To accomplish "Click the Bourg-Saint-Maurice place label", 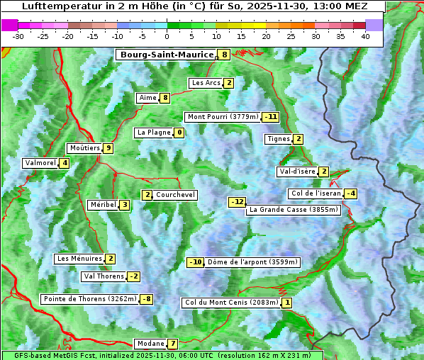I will click(167, 55).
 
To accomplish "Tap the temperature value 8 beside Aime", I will click(165, 98).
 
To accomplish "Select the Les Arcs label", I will click(206, 83).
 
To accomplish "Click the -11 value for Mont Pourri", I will click(270, 117).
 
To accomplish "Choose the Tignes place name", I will click(278, 139).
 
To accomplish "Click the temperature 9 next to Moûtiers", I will click(108, 148).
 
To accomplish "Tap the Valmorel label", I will click(40, 163).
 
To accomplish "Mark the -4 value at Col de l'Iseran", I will click(350, 193).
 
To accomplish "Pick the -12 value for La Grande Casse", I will click(237, 202).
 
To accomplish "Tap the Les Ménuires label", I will click(79, 259).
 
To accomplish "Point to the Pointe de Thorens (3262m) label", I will click(89, 299).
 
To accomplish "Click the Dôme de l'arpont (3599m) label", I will click(253, 262).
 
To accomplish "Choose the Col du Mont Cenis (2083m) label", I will click(230, 303).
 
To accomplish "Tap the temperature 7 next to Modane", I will click(172, 344).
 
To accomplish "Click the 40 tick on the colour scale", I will click(365, 36).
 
